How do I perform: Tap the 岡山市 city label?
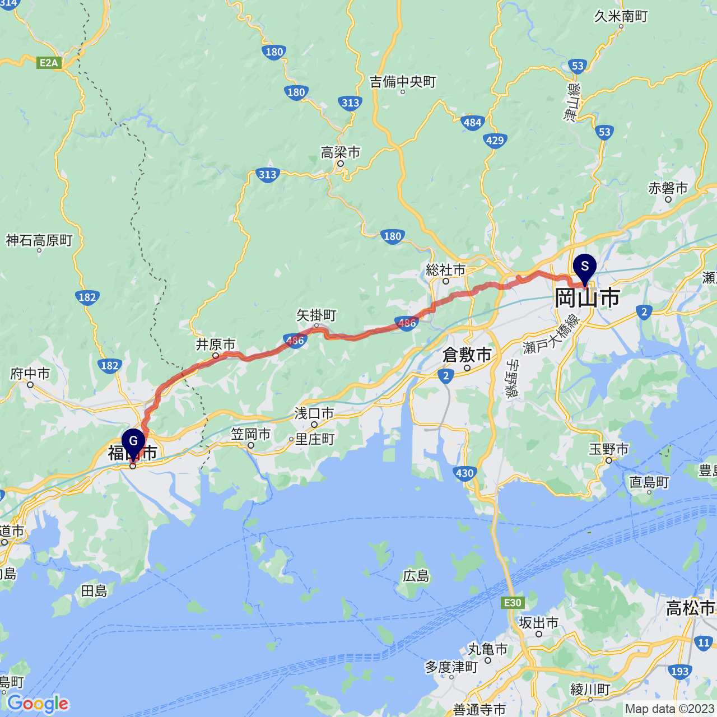pyautogui.click(x=587, y=298)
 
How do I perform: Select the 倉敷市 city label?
pyautogui.click(x=467, y=355)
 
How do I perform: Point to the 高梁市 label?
pyautogui.click(x=341, y=152)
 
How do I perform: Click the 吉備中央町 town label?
pyautogui.click(x=403, y=82)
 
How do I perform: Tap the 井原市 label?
pyautogui.click(x=216, y=344)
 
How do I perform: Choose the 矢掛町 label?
pyautogui.click(x=316, y=315)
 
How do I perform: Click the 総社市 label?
pyautogui.click(x=446, y=270)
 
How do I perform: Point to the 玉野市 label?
pyautogui.click(x=609, y=449)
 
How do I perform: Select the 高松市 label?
pyautogui.click(x=690, y=608)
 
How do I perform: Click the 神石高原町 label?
pyautogui.click(x=39, y=240)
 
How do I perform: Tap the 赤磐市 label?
pyautogui.click(x=668, y=188)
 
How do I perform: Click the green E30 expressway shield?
pyautogui.click(x=513, y=603)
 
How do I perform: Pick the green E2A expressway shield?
pyautogui.click(x=49, y=63)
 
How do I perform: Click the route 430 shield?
pyautogui.click(x=464, y=473)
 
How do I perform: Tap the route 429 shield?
pyautogui.click(x=495, y=140)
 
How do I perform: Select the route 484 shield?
pyautogui.click(x=472, y=123)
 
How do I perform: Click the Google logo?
pyautogui.click(x=38, y=704)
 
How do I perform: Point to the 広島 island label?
pyautogui.click(x=416, y=576)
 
